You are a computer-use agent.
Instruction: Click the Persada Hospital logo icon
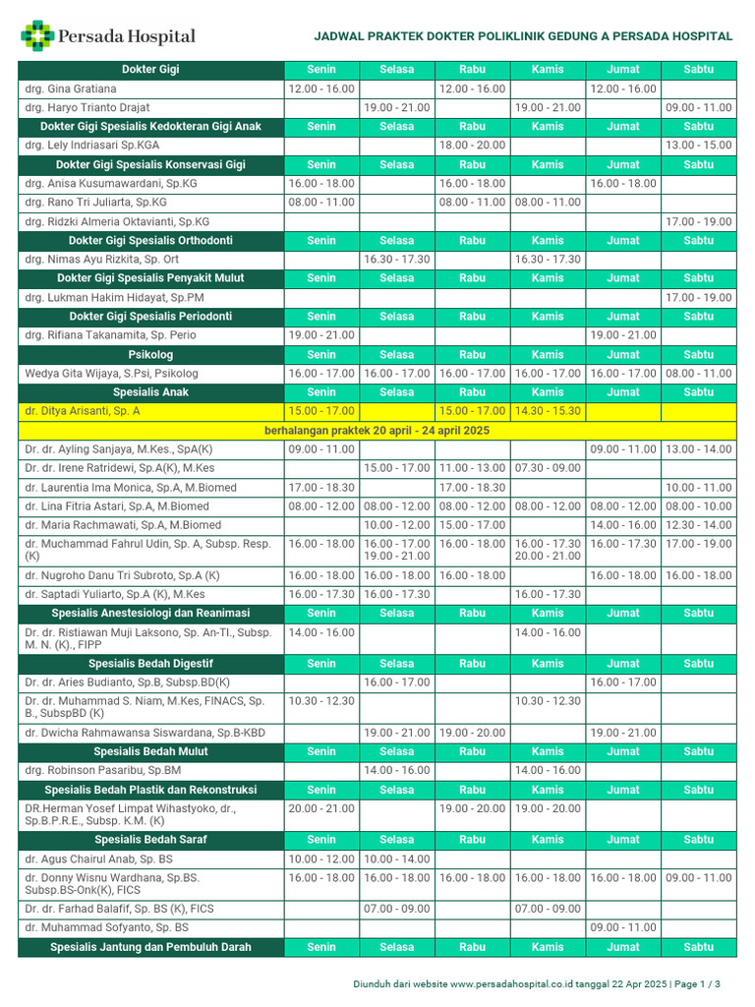(38, 36)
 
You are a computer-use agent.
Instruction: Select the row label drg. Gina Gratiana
(70, 89)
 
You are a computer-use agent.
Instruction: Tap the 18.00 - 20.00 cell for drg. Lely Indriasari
(472, 145)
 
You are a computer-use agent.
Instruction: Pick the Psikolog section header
(150, 354)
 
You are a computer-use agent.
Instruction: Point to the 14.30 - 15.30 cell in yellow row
(548, 411)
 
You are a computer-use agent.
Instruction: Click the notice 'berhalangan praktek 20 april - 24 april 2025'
(377, 431)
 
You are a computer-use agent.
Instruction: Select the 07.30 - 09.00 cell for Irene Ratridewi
(548, 468)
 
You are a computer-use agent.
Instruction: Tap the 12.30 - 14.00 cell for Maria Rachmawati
(698, 525)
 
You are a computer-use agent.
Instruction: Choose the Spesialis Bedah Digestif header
(150, 663)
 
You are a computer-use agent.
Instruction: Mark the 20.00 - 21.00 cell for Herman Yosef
(321, 808)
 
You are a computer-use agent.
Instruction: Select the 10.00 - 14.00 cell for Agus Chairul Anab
(396, 859)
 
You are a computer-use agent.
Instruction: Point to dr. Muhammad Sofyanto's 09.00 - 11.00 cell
(622, 927)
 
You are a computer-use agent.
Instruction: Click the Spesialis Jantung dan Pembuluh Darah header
(150, 947)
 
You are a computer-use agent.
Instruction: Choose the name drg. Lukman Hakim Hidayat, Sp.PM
(114, 297)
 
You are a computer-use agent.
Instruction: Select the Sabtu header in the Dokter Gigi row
(698, 70)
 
